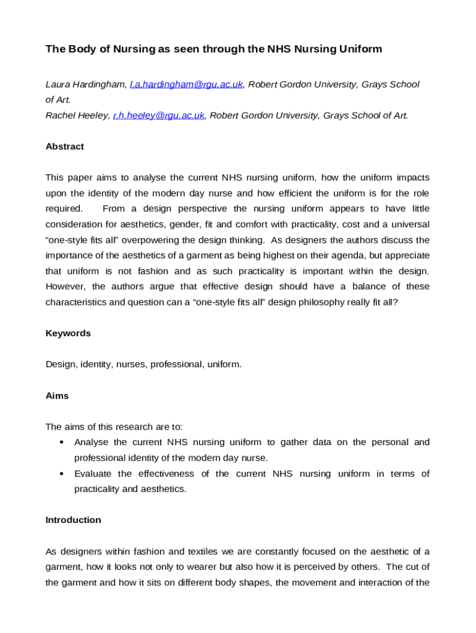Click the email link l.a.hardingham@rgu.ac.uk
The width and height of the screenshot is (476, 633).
tap(186, 84)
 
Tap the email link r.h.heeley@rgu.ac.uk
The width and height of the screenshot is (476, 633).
tap(158, 115)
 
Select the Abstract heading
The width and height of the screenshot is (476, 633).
tap(65, 147)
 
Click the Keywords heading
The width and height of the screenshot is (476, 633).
tap(68, 333)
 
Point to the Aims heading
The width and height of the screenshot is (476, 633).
tap(57, 395)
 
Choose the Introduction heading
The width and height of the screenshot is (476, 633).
tap(73, 520)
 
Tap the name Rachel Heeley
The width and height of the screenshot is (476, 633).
tap(77, 115)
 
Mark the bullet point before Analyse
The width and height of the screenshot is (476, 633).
tap(61, 443)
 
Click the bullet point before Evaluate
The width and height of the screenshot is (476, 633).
tap(61, 474)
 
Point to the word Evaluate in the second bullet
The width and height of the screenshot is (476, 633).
tap(93, 474)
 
